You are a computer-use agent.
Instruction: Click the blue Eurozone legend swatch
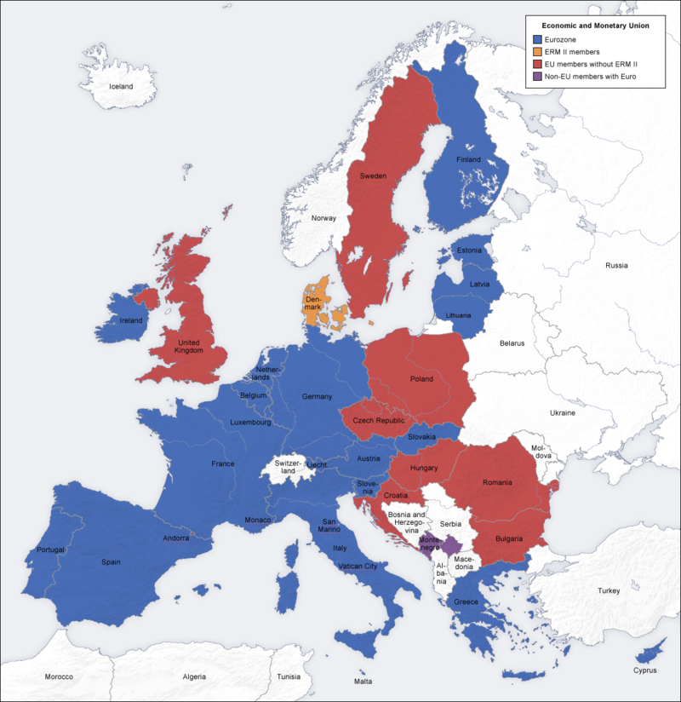(x=536, y=39)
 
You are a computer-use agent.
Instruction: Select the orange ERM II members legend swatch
(x=536, y=52)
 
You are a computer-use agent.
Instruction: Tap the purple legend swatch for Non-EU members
(x=536, y=77)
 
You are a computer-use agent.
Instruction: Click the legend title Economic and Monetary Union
(x=596, y=26)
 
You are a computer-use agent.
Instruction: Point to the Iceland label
(x=121, y=86)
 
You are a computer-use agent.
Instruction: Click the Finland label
(x=468, y=159)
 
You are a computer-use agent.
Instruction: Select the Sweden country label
(x=373, y=175)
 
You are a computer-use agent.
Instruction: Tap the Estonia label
(x=469, y=250)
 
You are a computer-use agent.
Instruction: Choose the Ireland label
(x=131, y=320)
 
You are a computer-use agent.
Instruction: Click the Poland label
(x=421, y=378)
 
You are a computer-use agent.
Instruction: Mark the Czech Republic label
(x=378, y=421)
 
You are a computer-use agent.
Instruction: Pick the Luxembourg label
(x=250, y=423)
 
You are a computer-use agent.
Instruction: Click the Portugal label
(x=50, y=550)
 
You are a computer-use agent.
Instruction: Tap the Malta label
(x=363, y=682)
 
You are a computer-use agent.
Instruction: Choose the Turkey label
(x=609, y=590)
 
